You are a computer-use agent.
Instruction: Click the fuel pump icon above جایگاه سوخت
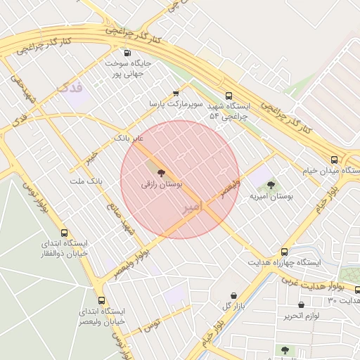click(x=127, y=53)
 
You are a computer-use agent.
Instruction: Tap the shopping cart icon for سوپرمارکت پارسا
click(x=176, y=92)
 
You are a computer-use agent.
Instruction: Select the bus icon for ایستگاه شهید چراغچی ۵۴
click(x=229, y=96)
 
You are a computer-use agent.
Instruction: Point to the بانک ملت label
click(x=86, y=181)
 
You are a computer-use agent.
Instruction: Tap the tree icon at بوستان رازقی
click(x=161, y=172)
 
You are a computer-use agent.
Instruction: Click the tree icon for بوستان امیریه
click(x=271, y=185)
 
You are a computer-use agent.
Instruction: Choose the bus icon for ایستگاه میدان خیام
click(x=335, y=160)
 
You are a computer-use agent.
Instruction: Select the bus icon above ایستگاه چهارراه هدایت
click(x=284, y=252)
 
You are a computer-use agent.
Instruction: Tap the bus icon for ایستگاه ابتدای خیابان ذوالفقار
click(x=65, y=233)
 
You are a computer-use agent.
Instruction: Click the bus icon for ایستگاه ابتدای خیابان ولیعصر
click(x=101, y=300)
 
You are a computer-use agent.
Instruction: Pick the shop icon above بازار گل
click(x=233, y=295)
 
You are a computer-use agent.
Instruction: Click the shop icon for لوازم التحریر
click(x=302, y=305)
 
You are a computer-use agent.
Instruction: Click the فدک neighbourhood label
click(x=70, y=88)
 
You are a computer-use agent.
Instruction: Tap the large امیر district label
click(x=193, y=207)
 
